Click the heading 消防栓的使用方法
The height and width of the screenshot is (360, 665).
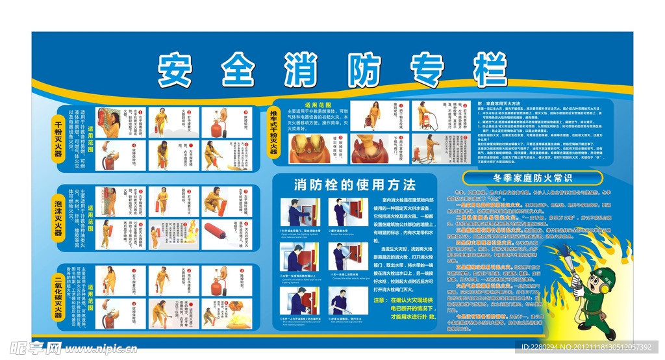(x=355, y=184)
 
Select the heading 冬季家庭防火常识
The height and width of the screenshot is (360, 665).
(x=533, y=177)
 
